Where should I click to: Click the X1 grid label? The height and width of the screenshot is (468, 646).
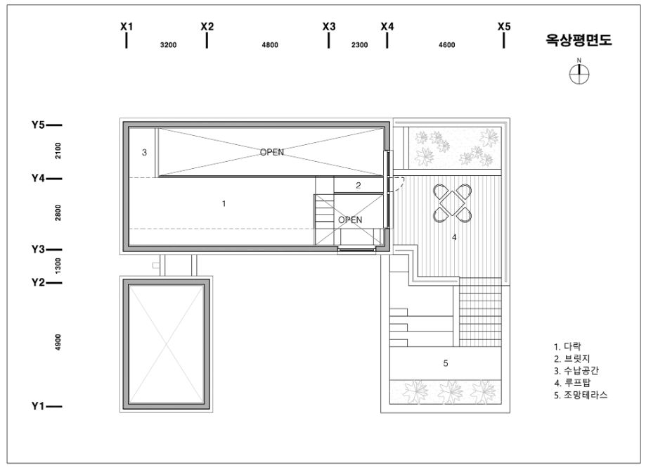[x=127, y=26]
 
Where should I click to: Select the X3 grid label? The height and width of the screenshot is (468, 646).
[x=329, y=26]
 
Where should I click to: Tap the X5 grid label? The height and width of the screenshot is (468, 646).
[x=504, y=26]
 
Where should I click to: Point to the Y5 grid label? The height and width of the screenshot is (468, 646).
[x=38, y=125]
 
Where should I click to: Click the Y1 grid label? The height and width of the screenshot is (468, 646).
[x=38, y=406]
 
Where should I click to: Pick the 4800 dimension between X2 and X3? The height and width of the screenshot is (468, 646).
[x=270, y=45]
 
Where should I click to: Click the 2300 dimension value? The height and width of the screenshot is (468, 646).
[x=359, y=45]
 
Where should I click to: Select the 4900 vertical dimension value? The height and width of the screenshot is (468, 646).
[x=58, y=342]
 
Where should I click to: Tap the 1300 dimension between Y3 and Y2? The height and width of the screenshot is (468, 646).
[x=58, y=265]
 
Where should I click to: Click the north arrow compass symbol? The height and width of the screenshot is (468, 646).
[x=579, y=72]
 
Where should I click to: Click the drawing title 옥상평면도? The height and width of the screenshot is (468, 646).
[x=579, y=39]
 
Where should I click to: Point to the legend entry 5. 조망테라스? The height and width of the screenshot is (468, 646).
[x=581, y=395]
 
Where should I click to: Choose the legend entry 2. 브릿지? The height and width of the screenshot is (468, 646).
[x=572, y=359]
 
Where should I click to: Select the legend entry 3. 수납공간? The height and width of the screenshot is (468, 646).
[x=576, y=371]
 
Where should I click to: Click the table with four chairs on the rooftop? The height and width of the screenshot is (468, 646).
[x=452, y=203]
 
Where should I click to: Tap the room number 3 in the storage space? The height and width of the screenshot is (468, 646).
[x=144, y=153]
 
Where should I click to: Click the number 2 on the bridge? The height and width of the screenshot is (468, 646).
[x=358, y=186]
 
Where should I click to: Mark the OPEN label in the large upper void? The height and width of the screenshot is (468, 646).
[x=272, y=152]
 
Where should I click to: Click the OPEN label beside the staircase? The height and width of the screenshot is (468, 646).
[x=350, y=220]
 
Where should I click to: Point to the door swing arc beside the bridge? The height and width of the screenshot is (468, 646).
[x=401, y=186]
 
